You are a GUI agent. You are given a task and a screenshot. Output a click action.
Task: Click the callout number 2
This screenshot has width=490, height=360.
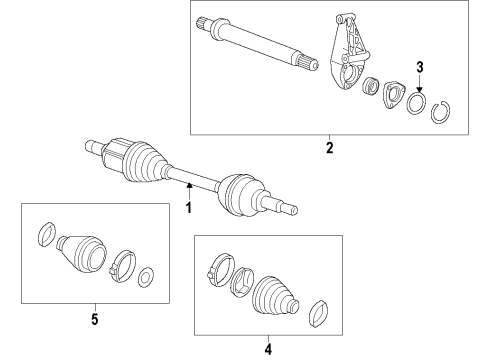click(x=328, y=149)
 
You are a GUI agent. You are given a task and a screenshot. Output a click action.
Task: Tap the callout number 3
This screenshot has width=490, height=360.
click(x=421, y=67)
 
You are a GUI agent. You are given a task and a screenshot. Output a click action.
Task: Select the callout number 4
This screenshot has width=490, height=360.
click(x=267, y=349)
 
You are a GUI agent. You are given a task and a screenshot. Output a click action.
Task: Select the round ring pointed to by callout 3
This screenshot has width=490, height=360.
click(x=416, y=105)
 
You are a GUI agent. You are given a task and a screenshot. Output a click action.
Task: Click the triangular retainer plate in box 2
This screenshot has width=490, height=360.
click(x=391, y=98)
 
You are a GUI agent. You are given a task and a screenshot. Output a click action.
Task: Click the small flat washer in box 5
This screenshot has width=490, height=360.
click(x=145, y=276)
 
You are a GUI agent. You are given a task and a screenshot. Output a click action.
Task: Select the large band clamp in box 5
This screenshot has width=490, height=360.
click(x=122, y=264)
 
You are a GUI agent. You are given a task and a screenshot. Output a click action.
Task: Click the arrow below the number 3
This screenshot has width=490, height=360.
click(x=421, y=84)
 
